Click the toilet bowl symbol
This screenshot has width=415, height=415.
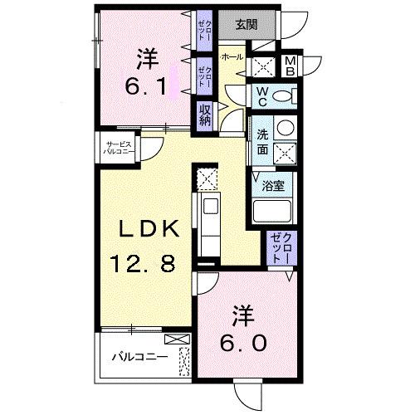click(x=283, y=97)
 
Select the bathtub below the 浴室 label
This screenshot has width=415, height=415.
click(x=273, y=212)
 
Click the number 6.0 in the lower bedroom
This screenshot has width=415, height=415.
click(x=242, y=344)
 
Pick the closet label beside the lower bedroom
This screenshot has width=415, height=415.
click(x=277, y=250)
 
